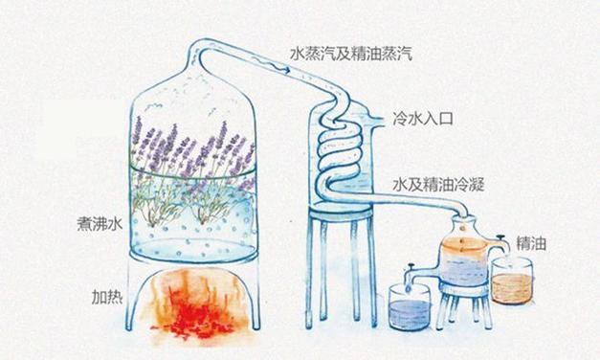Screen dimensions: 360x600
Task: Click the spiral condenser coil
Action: pyautogui.click(x=340, y=148)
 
